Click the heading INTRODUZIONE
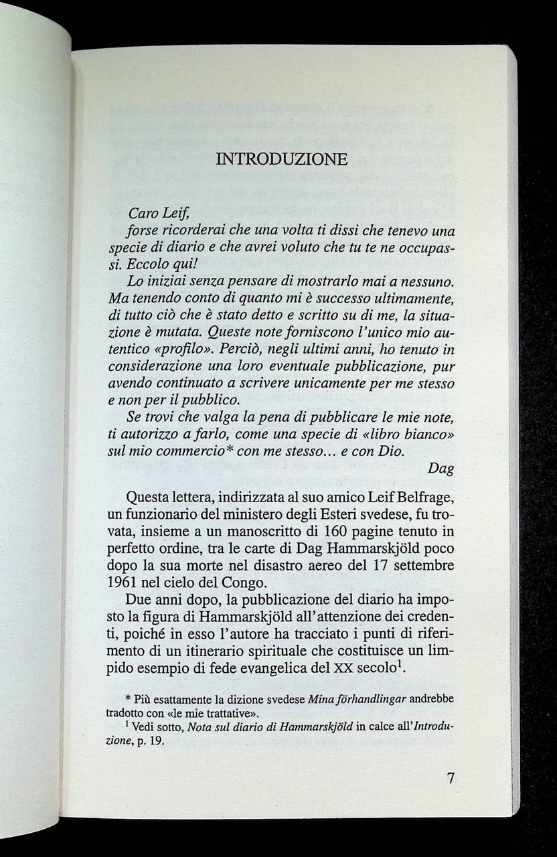(283, 159)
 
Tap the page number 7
(451, 779)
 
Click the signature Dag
(441, 469)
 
